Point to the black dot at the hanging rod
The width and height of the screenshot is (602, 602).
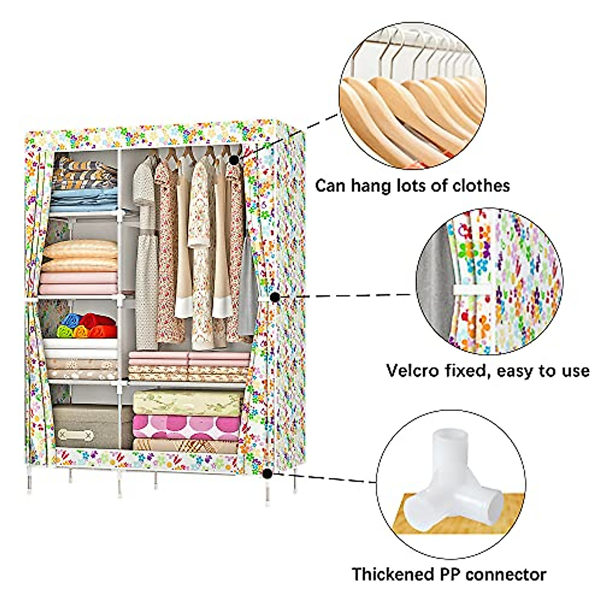234,160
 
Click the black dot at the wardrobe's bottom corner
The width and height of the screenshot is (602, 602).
267,473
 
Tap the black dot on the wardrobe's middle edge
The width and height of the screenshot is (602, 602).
274,297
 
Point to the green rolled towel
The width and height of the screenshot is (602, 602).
65,332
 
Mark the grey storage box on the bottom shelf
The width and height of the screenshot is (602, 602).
85,426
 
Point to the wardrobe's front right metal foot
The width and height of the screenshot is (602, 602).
267,494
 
